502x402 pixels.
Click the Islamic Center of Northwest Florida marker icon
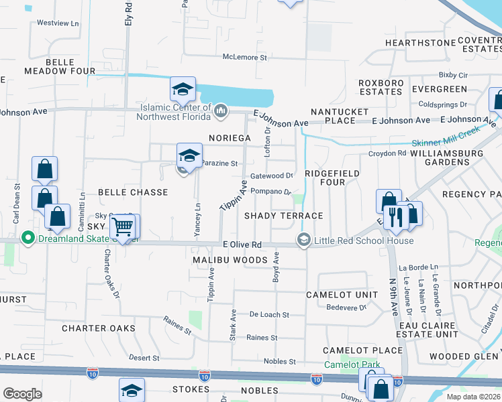pyautogui.click(x=222, y=110)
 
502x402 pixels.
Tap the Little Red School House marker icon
pyautogui.click(x=303, y=241)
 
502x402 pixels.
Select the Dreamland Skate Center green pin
pyautogui.click(x=28, y=237)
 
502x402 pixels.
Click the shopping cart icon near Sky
pyautogui.click(x=121, y=227)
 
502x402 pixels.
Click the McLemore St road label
pyautogui.click(x=245, y=58)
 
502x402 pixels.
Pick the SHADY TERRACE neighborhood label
pyautogui.click(x=283, y=216)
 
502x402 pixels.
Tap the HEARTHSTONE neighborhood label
pyautogui.click(x=411, y=43)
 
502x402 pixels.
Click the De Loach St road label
pyautogui.click(x=268, y=314)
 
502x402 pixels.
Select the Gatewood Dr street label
pyautogui.click(x=272, y=176)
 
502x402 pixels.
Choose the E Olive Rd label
pyautogui.click(x=242, y=245)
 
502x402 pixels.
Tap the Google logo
pyautogui.click(x=22, y=394)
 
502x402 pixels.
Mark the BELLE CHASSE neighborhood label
pyautogui.click(x=133, y=192)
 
